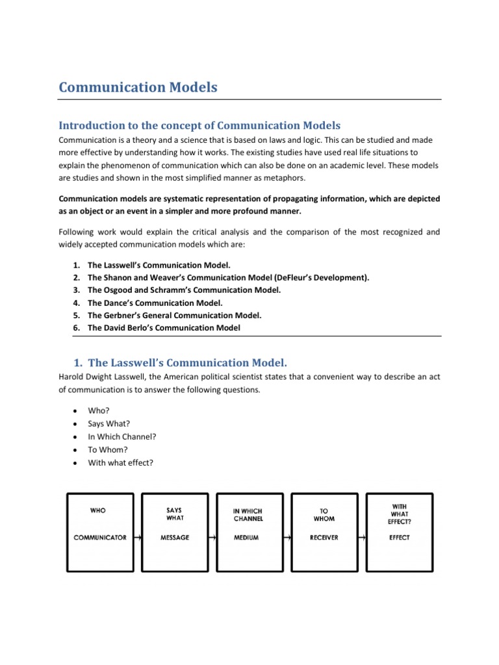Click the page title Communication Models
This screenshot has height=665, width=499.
(138, 87)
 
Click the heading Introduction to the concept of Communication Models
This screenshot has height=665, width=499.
(199, 125)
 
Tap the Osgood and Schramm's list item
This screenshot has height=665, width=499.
(184, 290)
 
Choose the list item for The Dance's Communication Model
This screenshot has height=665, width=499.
(155, 303)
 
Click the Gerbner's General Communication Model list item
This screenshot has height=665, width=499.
(174, 316)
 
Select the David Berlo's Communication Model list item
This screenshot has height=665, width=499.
(164, 328)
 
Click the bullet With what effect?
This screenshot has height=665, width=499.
(120, 462)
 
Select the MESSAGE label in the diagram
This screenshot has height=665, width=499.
(174, 538)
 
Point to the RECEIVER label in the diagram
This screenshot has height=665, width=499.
(324, 538)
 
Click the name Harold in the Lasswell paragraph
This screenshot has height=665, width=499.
(71, 377)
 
